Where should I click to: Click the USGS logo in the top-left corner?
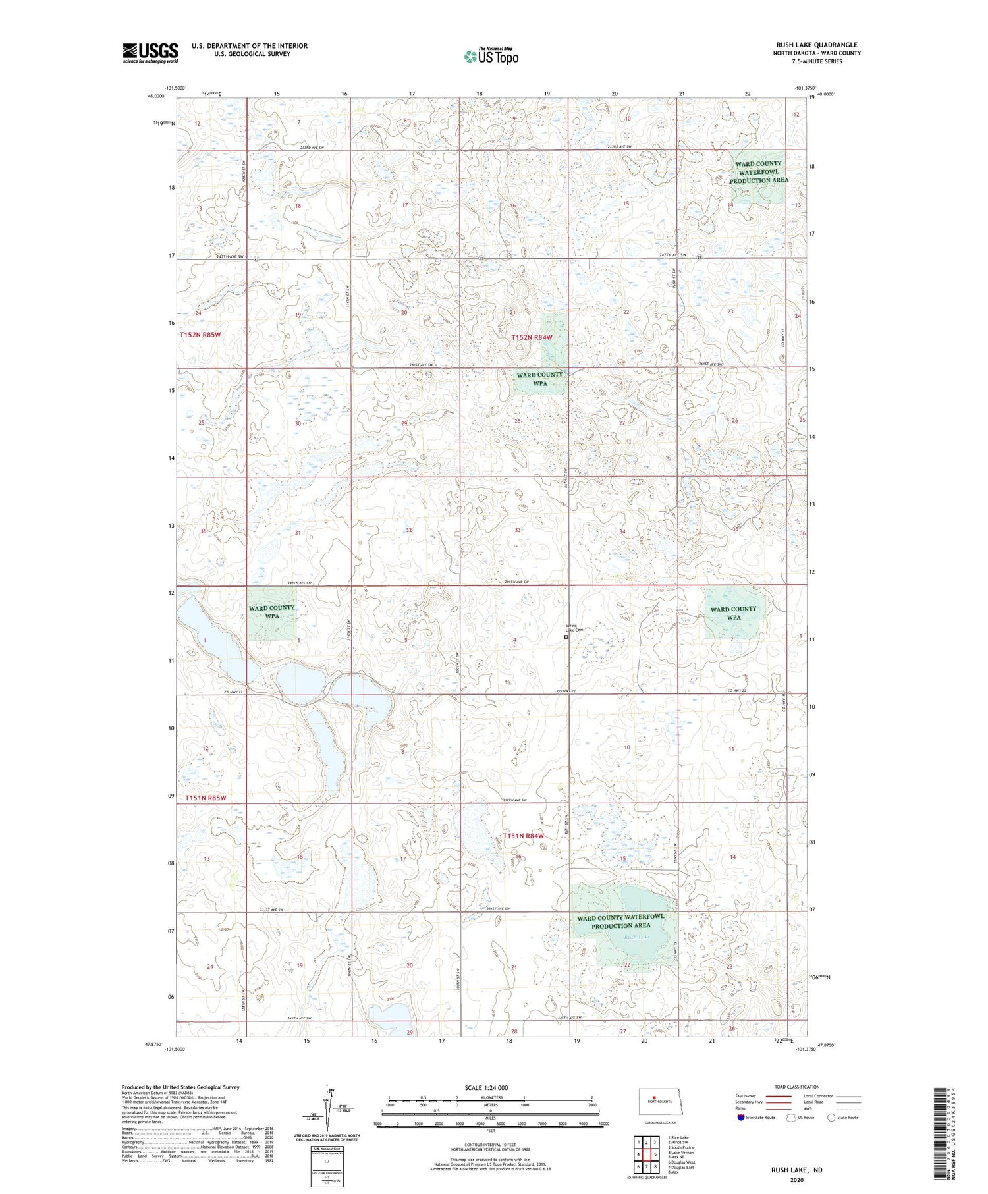(150, 53)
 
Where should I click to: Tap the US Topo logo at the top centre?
(491, 57)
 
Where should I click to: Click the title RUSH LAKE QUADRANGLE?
(816, 45)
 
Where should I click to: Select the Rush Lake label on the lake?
(637, 936)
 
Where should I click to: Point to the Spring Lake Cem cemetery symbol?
(566, 637)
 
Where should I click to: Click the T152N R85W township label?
(200, 335)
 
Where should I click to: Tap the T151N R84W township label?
(524, 836)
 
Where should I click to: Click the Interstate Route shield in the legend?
(741, 1118)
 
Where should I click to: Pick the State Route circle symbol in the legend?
(831, 1118)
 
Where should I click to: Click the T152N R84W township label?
(531, 337)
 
